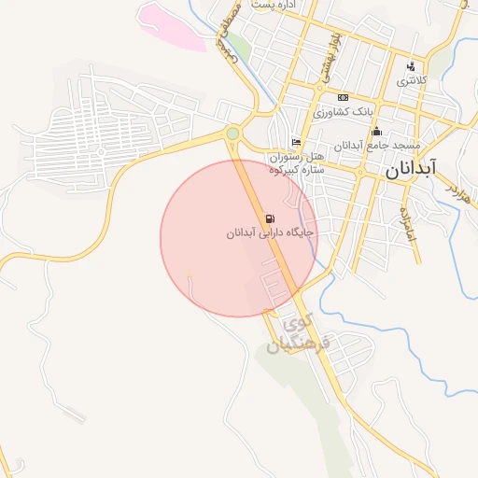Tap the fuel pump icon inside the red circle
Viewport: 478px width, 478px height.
point(270,218)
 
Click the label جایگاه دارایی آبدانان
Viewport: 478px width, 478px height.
point(270,232)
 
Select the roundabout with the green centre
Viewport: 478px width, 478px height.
point(232,134)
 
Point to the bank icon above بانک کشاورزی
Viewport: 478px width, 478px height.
point(343,97)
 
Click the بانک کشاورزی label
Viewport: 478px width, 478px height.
point(343,111)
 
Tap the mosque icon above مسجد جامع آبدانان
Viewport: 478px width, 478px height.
point(376,132)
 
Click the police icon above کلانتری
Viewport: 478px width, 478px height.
point(411,66)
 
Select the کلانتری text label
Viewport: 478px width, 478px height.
point(412,81)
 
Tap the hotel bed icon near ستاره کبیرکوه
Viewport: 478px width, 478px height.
point(296,143)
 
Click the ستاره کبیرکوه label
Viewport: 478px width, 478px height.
point(296,169)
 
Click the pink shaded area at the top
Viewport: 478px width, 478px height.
point(173,26)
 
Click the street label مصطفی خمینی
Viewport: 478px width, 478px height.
point(229,33)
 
